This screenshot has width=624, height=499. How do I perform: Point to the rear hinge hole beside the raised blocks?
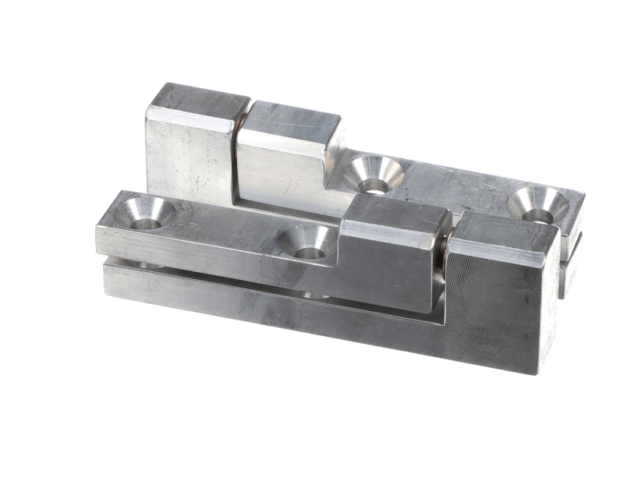point(374,175)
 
